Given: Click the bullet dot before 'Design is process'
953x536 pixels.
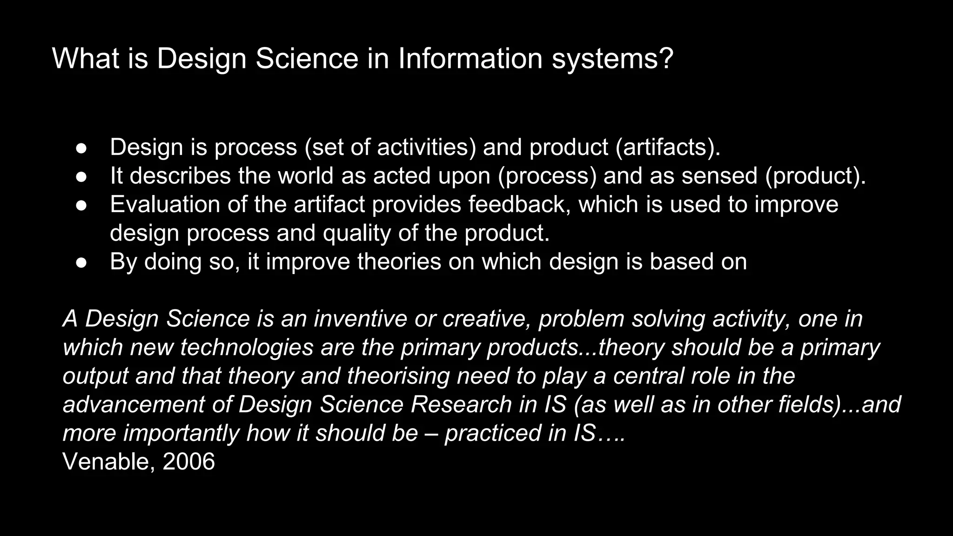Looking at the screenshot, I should coord(81,148).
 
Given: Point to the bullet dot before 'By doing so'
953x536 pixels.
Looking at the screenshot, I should coord(81,262).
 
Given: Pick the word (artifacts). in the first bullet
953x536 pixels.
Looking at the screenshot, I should coord(668,147).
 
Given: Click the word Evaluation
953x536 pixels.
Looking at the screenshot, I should coord(165,205).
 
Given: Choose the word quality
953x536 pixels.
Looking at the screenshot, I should coord(357,233).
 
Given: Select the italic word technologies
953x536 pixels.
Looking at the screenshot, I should coord(247,348).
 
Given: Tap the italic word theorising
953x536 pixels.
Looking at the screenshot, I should coord(398,376).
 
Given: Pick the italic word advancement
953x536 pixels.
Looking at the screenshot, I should coord(134,404).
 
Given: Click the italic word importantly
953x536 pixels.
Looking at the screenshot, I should coord(181,433).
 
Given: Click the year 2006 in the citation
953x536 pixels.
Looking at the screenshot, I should coord(189,462).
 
